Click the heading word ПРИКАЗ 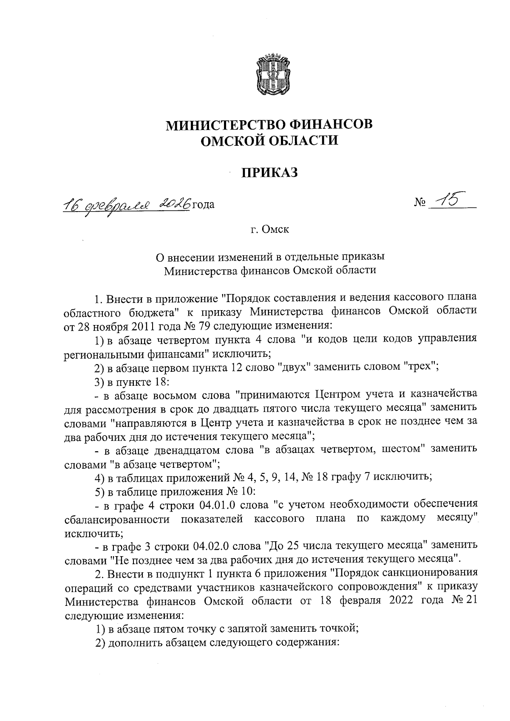270,173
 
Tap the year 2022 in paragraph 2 407,601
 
